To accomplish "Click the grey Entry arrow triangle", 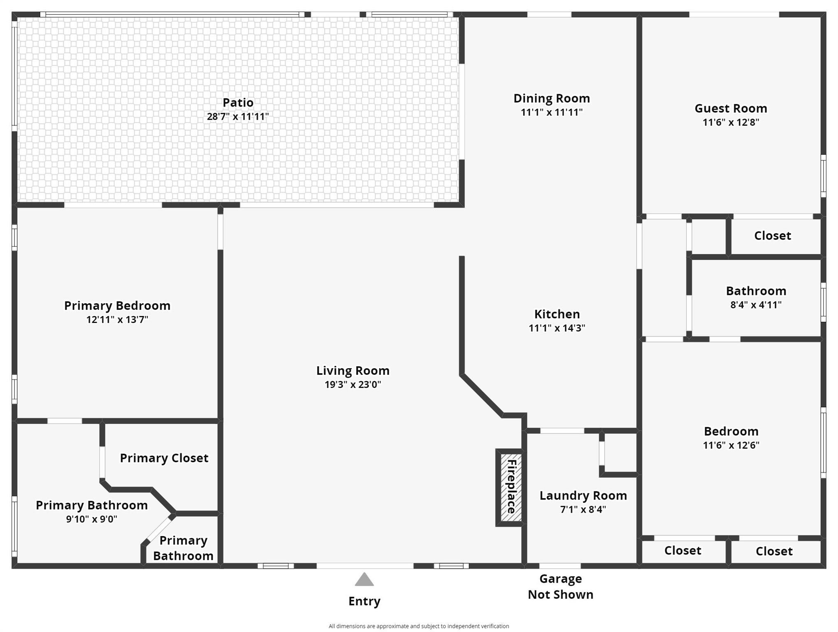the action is [364, 579].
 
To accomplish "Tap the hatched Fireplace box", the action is [511, 487].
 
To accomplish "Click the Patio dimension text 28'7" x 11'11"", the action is [238, 116].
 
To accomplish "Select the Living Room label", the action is [353, 370].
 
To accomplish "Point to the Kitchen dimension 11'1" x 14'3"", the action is [557, 328].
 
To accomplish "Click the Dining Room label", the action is [552, 98].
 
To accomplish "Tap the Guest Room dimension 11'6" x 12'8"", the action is [731, 122].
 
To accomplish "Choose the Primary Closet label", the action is [164, 458].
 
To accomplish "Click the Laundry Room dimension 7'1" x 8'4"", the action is [583, 509].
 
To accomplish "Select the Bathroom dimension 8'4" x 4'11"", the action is [756, 305].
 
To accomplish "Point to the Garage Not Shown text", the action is [560, 586].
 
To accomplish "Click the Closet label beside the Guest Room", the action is [772, 235].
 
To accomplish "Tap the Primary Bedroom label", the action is [117, 306].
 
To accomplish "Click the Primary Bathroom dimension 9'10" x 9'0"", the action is [92, 519].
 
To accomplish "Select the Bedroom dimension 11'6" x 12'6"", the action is [731, 445].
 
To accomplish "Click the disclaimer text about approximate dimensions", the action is [419, 626].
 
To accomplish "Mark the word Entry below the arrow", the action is [364, 601].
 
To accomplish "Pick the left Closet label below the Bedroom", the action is [682, 551].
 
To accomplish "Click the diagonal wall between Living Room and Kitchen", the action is [481, 395].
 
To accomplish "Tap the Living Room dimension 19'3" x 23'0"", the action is [353, 385].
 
